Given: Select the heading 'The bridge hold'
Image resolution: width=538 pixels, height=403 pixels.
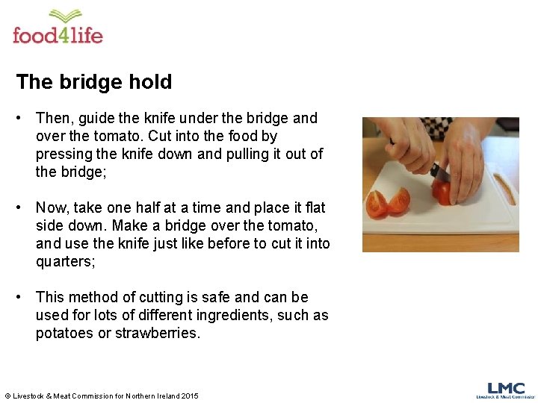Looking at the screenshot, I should pyautogui.click(x=94, y=82).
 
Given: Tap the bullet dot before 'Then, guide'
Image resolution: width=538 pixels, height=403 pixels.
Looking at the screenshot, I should pyautogui.click(x=25, y=118).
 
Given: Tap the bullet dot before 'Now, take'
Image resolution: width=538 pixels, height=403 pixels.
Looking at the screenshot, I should pyautogui.click(x=25, y=207).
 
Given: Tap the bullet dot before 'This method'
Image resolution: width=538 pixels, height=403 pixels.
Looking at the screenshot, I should pyautogui.click(x=25, y=297).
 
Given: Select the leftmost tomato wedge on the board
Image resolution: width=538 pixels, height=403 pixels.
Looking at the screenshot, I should pyautogui.click(x=377, y=203).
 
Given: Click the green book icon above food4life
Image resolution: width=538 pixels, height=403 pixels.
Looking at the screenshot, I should pyautogui.click(x=67, y=16).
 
